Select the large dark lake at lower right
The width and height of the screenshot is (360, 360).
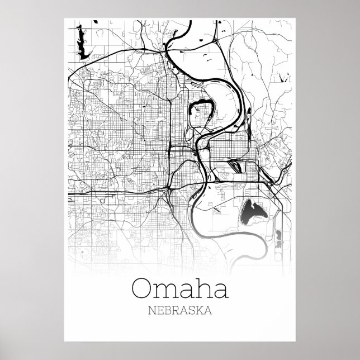[x=254, y=212]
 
